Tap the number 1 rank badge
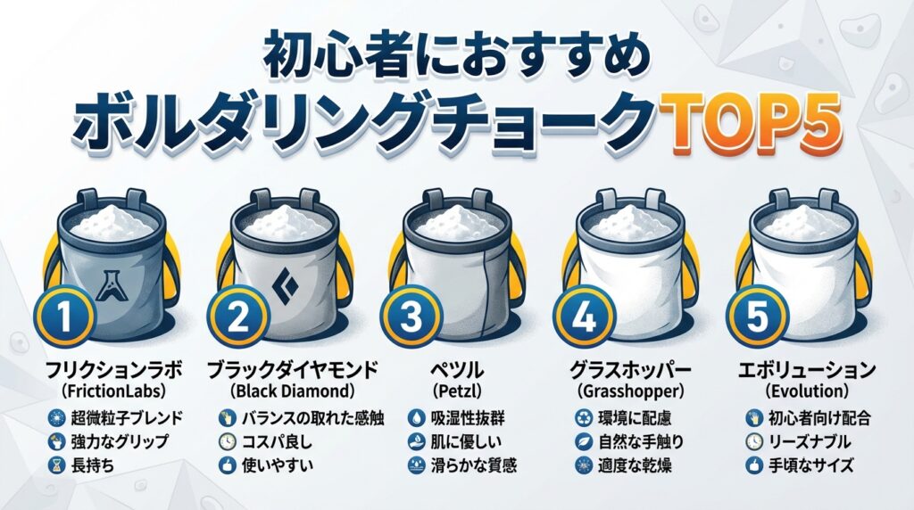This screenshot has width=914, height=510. tap(64, 317)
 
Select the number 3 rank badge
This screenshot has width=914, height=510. tap(411, 318)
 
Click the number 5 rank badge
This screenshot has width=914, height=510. tap(757, 318)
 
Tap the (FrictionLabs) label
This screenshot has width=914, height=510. tap(113, 391)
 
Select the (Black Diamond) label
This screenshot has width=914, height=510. tap(292, 390)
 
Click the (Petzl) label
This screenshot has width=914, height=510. tap(457, 391)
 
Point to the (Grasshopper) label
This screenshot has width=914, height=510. tap(630, 391)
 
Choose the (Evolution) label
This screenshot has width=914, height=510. tap(806, 391)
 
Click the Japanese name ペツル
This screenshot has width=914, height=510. tap(457, 370)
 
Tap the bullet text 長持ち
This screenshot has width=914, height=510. tap(92, 465)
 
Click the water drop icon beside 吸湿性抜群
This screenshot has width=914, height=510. tap(416, 417)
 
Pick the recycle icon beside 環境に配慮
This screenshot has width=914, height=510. tap(584, 417)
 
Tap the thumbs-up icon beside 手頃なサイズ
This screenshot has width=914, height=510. tap(753, 465)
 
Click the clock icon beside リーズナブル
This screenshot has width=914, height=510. tap(753, 441)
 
